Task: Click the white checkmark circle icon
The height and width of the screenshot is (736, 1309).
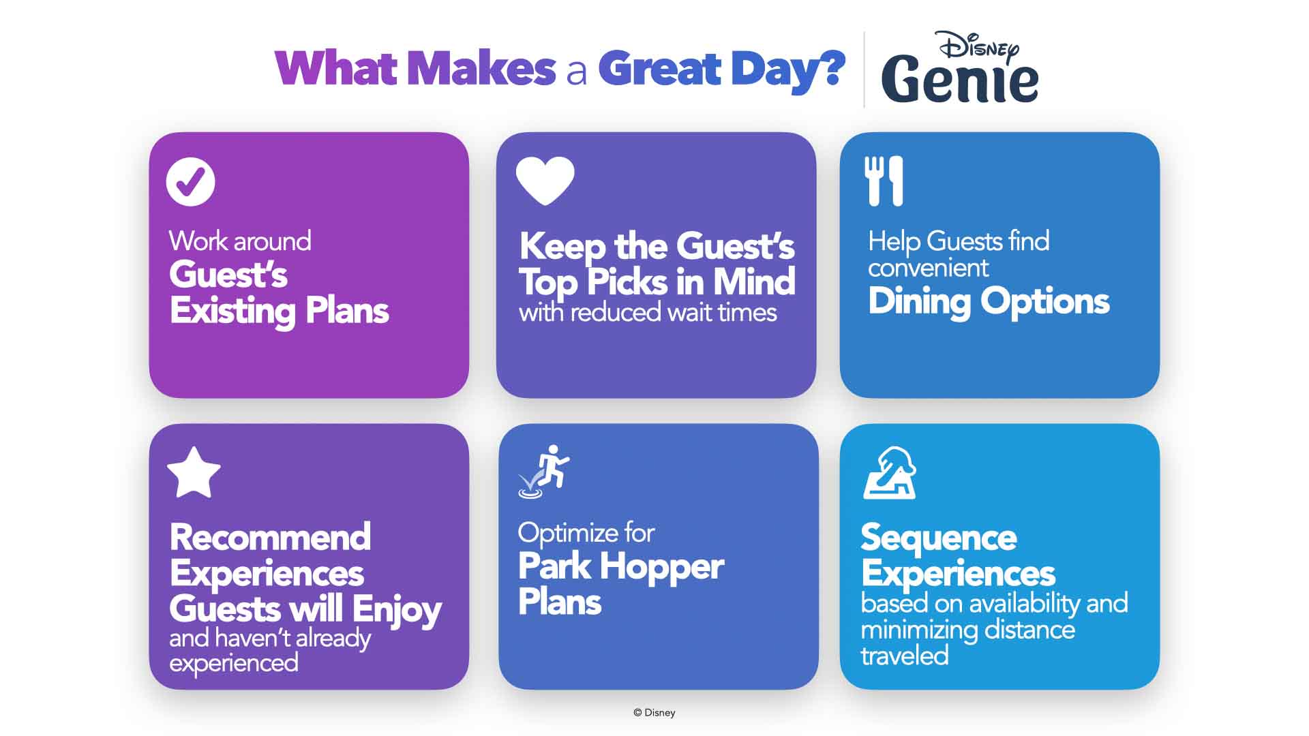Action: pos(190,181)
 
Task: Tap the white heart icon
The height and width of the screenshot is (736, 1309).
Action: pos(545,181)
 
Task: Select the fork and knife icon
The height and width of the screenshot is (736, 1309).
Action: pos(884,181)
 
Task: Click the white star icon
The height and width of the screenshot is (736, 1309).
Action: pos(194,473)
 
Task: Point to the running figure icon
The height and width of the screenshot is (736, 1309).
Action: pos(545,472)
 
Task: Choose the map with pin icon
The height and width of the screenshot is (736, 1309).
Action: pos(890,473)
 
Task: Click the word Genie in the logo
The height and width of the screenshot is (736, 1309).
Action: pos(960,79)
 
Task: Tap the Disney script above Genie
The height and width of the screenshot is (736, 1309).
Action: pos(979,46)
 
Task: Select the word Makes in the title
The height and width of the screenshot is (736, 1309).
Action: pos(481,68)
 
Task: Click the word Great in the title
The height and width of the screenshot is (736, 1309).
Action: pos(660,68)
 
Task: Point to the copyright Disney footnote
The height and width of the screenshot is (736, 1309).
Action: pos(654,712)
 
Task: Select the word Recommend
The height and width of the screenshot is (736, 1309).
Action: pos(271,537)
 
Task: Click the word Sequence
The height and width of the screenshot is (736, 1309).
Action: pos(939,538)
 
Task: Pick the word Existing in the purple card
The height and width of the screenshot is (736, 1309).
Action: pos(232,311)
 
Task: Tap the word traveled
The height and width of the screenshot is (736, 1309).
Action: pos(905,656)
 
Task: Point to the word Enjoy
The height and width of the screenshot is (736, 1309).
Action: pos(397,610)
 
